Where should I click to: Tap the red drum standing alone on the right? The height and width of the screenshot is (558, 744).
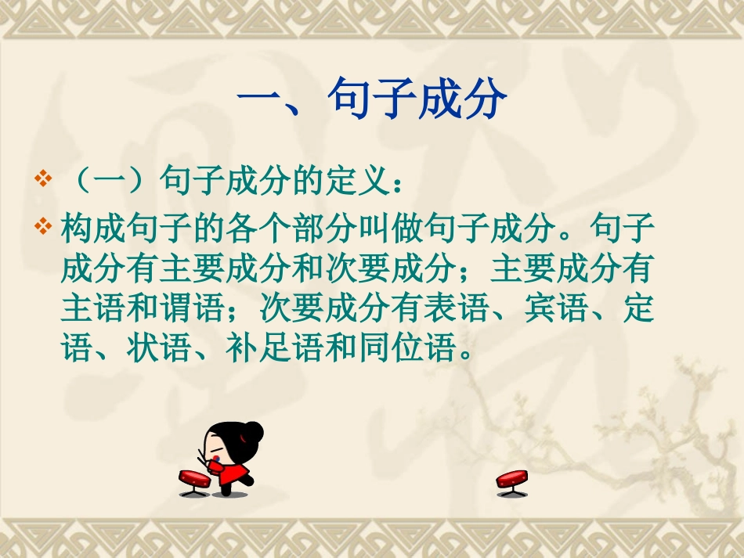tap(512, 480)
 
